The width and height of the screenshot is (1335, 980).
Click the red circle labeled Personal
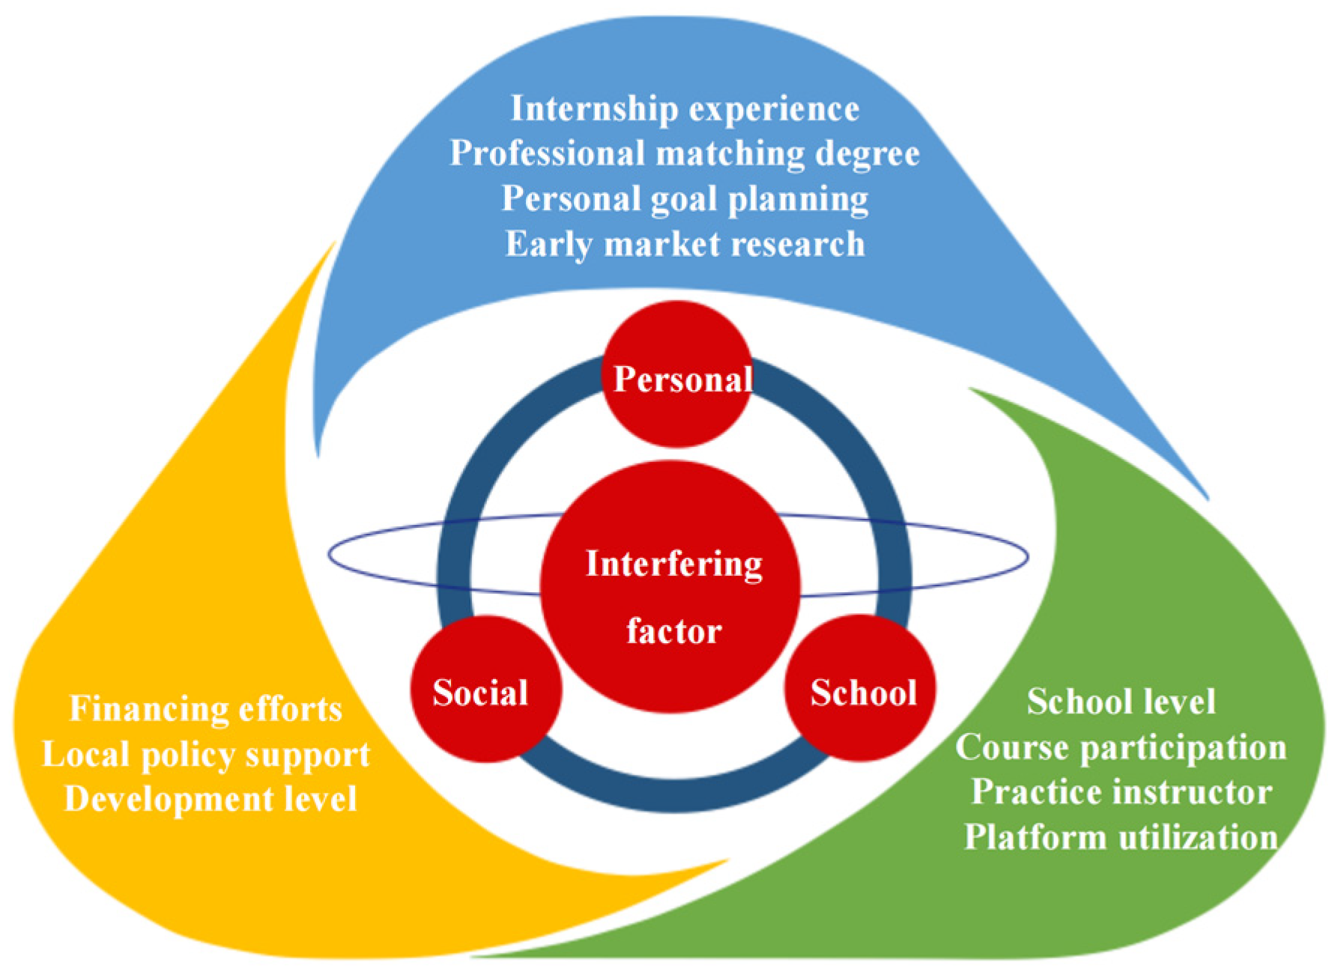tap(678, 374)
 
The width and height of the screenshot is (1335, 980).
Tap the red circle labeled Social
tap(485, 690)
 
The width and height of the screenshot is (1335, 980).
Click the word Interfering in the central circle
tap(673, 564)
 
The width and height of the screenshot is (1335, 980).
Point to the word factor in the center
tap(673, 631)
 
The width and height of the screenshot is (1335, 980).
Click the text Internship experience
tap(684, 109)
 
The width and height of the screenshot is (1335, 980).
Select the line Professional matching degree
tap(684, 153)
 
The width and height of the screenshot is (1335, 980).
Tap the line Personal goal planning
tap(684, 199)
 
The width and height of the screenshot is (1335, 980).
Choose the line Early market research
tap(684, 244)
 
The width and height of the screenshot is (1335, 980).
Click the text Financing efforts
tap(206, 709)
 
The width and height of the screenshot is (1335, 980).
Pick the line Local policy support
tap(206, 755)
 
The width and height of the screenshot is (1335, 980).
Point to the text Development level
tap(211, 799)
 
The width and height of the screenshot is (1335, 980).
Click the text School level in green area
tap(1121, 702)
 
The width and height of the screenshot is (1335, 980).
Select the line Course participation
tap(1121, 748)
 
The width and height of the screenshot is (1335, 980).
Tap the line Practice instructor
tap(1121, 793)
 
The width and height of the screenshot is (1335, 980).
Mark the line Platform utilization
tap(1121, 838)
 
